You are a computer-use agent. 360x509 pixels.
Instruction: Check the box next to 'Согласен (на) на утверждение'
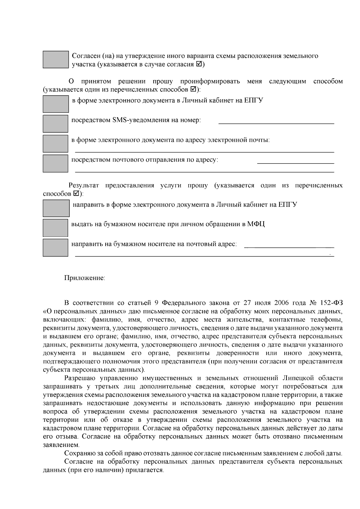coord(55,59)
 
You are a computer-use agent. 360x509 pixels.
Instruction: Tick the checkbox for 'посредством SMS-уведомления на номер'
coord(55,124)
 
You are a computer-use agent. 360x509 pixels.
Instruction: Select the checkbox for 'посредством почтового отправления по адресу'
coord(55,163)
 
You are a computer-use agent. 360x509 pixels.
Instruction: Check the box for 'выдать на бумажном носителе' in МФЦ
coord(55,228)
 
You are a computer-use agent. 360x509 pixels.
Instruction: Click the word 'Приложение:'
coord(85,278)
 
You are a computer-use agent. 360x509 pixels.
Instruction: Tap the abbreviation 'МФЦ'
coord(256,224)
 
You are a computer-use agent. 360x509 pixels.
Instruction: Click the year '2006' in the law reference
coord(281,302)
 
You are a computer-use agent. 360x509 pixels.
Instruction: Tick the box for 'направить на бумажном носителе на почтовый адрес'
coord(55,247)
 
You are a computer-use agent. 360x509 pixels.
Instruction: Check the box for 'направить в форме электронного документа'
coord(56,208)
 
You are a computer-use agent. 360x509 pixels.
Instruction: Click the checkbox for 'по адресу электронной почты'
coord(55,143)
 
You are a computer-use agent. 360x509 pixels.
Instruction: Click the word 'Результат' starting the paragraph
coord(84,185)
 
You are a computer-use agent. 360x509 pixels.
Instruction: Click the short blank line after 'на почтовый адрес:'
coord(289,247)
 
